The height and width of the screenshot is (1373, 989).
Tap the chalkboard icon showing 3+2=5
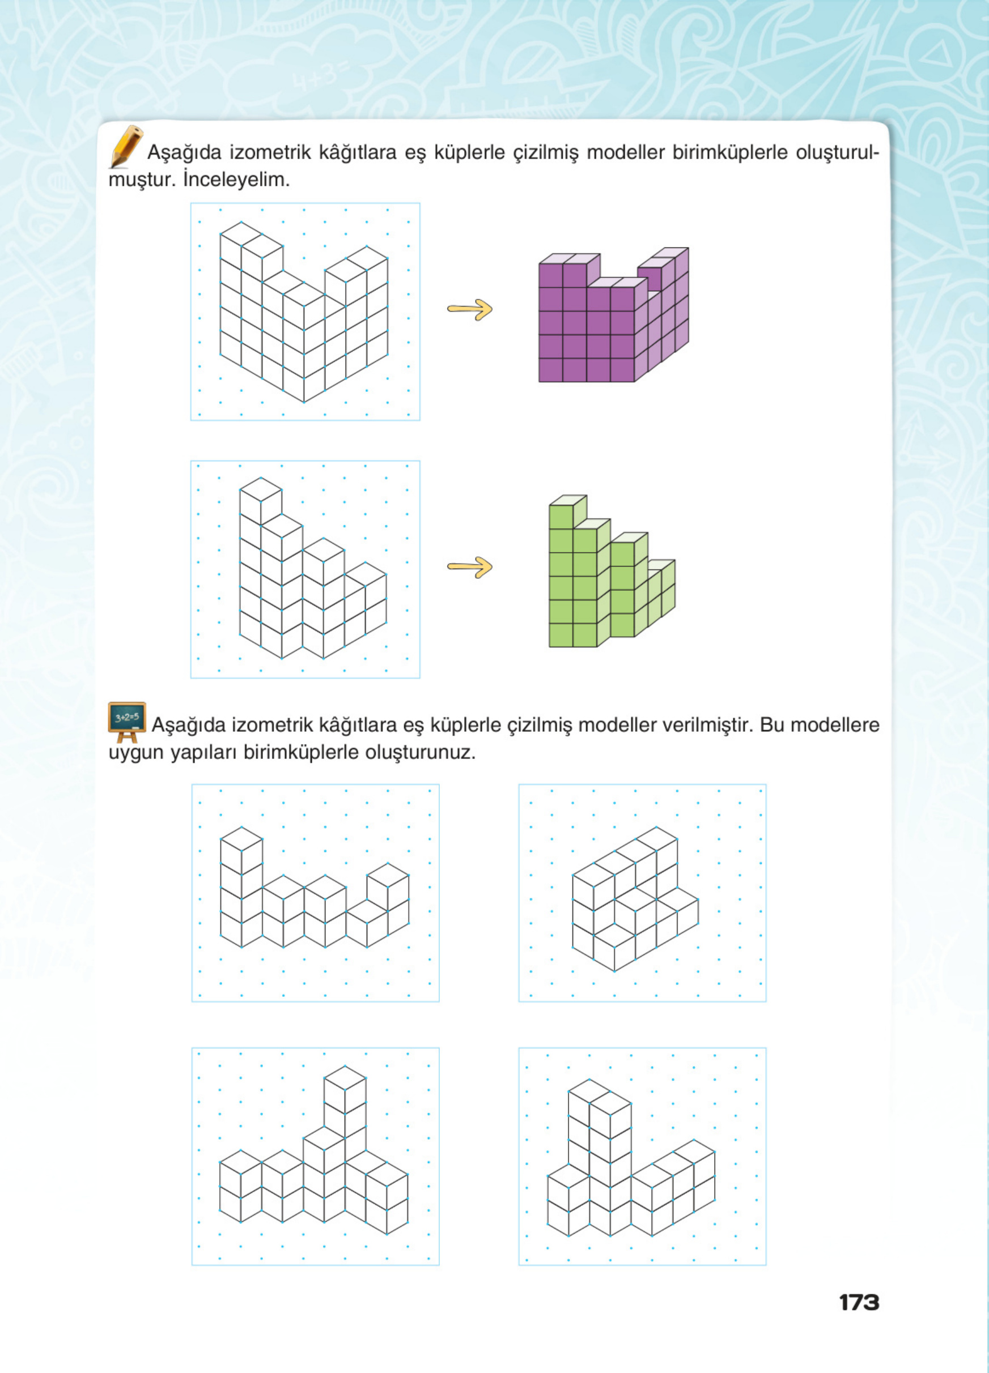[127, 721]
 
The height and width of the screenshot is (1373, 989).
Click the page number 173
[858, 1302]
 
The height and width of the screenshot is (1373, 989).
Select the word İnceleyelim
[236, 179]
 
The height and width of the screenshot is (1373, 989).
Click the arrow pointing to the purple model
[470, 309]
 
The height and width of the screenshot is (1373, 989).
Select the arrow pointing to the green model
[470, 567]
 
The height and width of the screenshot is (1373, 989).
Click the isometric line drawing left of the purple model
[304, 311]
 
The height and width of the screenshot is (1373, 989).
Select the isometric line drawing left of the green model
[304, 569]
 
